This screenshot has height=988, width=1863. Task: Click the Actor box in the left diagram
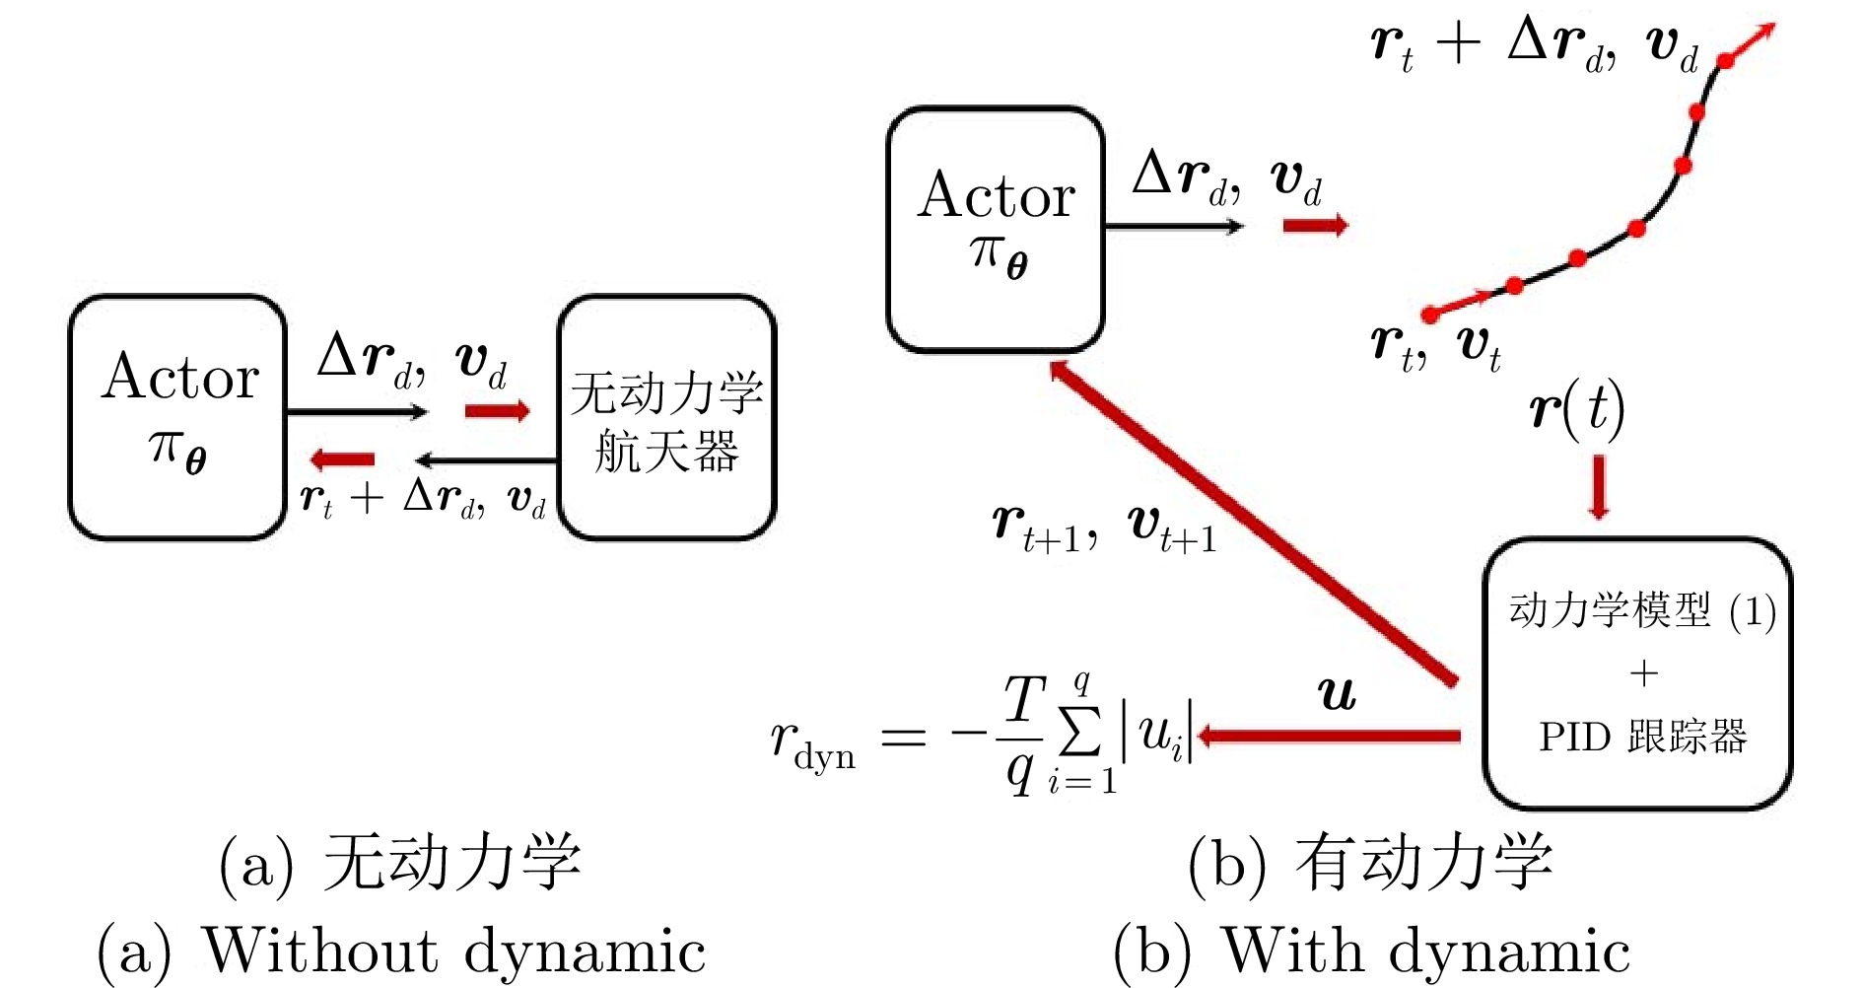click(x=177, y=417)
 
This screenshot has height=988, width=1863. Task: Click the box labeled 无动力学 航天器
click(x=667, y=418)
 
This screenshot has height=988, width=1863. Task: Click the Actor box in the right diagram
click(x=996, y=229)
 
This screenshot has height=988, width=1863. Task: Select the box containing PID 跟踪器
click(x=1637, y=673)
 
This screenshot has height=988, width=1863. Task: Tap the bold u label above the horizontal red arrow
click(x=1337, y=694)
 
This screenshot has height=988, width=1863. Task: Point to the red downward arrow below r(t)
click(x=1599, y=486)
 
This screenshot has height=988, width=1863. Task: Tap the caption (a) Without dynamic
click(x=401, y=952)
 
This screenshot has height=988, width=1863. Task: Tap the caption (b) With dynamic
click(x=1371, y=952)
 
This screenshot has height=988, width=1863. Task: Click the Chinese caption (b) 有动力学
click(x=1371, y=863)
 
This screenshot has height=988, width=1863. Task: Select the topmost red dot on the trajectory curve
click(x=1725, y=61)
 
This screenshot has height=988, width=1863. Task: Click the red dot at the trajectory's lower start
click(x=1430, y=316)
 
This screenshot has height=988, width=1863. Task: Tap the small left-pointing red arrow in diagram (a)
click(x=342, y=459)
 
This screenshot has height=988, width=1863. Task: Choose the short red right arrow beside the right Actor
click(x=1315, y=226)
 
